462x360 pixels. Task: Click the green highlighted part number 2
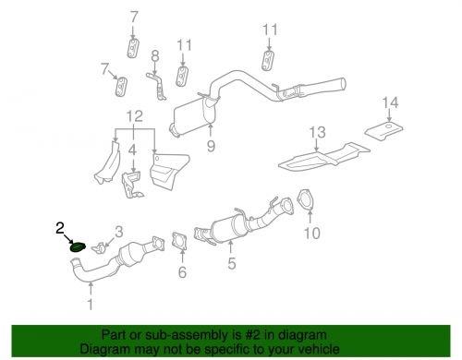click(x=79, y=246)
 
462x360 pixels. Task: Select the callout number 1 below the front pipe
click(x=90, y=303)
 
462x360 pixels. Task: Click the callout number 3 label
click(x=118, y=231)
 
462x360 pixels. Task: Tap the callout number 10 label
click(x=313, y=234)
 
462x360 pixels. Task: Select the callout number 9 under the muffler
click(x=212, y=144)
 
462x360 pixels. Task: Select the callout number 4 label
click(x=133, y=148)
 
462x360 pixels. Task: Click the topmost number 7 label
click(x=133, y=17)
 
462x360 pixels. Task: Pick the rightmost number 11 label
click(x=269, y=30)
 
